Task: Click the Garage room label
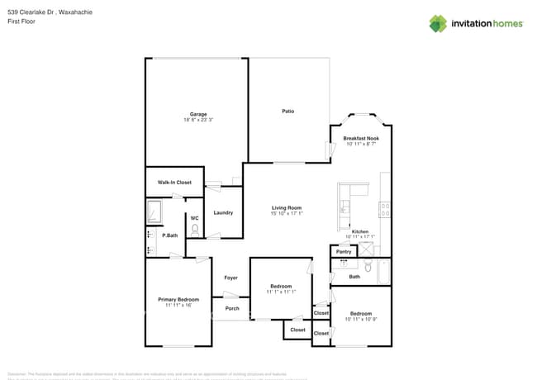pyautogui.click(x=198, y=114)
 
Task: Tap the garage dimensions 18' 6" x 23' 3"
pyautogui.click(x=198, y=121)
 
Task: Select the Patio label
pyautogui.click(x=288, y=111)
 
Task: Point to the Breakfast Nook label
pyautogui.click(x=360, y=138)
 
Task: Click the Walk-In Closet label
pyautogui.click(x=174, y=182)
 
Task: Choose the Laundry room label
pyautogui.click(x=223, y=212)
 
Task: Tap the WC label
pyautogui.click(x=194, y=218)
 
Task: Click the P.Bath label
pyautogui.click(x=170, y=235)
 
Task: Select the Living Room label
pyautogui.click(x=287, y=207)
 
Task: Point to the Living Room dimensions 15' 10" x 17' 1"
pyautogui.click(x=287, y=214)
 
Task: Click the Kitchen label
pyautogui.click(x=360, y=230)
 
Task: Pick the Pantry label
pyautogui.click(x=344, y=251)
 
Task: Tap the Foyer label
pyautogui.click(x=231, y=278)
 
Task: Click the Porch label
pyautogui.click(x=232, y=308)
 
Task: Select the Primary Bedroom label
pyautogui.click(x=178, y=298)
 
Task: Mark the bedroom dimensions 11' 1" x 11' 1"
pyautogui.click(x=281, y=292)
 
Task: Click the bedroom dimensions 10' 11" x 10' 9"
pyautogui.click(x=361, y=320)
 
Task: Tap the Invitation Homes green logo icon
pyautogui.click(x=438, y=23)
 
